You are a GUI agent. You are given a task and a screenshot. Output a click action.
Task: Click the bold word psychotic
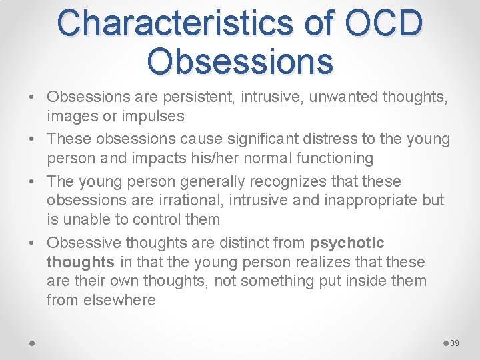(347, 243)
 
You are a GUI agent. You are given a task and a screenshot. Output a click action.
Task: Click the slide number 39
(455, 343)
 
